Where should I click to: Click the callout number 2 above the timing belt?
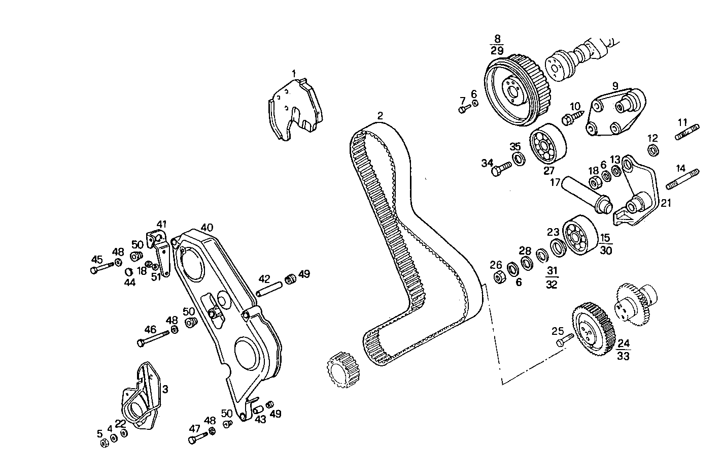pyautogui.click(x=380, y=115)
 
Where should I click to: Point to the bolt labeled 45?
pyautogui.click(x=102, y=267)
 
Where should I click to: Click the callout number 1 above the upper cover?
pyautogui.click(x=293, y=73)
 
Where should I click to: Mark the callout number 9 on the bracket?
pyautogui.click(x=615, y=86)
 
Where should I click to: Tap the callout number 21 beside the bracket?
pyautogui.click(x=666, y=203)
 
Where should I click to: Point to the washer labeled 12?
pyautogui.click(x=654, y=150)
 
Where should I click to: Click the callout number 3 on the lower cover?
pyautogui.click(x=165, y=389)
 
